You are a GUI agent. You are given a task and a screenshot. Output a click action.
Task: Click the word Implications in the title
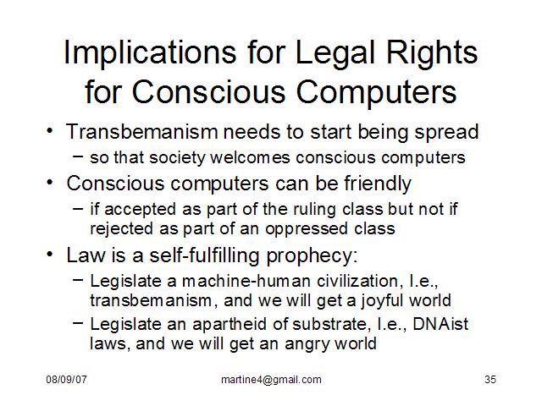point(151,52)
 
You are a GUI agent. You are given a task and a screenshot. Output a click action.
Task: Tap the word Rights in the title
point(432,52)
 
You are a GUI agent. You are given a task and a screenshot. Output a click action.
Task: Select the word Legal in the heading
point(335,52)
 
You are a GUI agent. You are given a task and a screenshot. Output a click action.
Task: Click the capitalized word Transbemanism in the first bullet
point(142,132)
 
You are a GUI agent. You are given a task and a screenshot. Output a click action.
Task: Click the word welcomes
point(250,157)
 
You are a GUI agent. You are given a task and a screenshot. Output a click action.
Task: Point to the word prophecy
point(312,256)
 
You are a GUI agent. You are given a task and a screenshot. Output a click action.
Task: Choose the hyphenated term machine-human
point(246,281)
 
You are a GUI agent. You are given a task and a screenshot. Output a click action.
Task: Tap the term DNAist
point(440,324)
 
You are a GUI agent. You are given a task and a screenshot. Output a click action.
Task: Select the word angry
point(307,344)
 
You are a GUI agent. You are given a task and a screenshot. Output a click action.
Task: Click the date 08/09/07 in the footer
point(66,380)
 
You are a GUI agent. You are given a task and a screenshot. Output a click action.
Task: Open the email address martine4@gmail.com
point(271,380)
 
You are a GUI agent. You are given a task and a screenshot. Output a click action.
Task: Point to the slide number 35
point(490,380)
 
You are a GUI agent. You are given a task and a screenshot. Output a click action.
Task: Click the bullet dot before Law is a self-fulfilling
point(50,255)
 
